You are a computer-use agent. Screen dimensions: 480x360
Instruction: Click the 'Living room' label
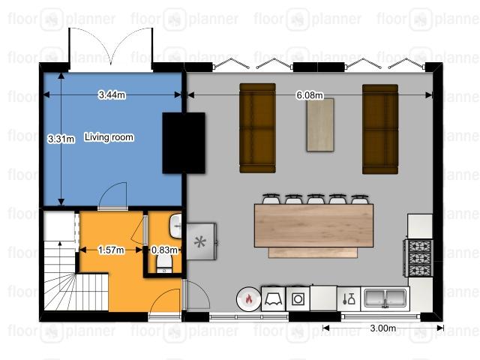point(109,137)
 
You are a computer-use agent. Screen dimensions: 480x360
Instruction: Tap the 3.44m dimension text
point(112,95)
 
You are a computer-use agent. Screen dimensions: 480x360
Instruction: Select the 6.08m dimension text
point(310,95)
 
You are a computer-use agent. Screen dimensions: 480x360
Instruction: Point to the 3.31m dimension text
point(61,139)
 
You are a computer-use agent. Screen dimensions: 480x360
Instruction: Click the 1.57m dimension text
point(111,250)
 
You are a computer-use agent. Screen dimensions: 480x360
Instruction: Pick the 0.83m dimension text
point(165,250)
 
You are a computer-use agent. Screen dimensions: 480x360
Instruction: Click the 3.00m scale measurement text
point(383,328)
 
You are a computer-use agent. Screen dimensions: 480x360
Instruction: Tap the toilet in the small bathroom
point(164,263)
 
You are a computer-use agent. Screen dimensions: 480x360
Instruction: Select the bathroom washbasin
point(175,226)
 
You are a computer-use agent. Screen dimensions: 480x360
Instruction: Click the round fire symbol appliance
point(248,299)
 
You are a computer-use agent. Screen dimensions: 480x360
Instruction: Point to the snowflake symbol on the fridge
point(200,241)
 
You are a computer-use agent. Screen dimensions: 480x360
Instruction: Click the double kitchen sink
point(385,298)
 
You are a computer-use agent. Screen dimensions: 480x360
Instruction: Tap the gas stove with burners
point(418,258)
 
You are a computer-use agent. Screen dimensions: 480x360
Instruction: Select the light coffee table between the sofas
point(320,124)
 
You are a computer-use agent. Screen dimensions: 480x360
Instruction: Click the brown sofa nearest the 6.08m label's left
point(257,128)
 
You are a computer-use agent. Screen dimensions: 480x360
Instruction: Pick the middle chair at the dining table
point(316,199)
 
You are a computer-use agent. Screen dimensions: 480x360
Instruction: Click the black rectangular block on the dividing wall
point(183,143)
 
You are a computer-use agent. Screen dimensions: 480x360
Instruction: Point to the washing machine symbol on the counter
point(298,298)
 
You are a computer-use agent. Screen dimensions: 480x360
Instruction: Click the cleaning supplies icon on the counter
point(349,298)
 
